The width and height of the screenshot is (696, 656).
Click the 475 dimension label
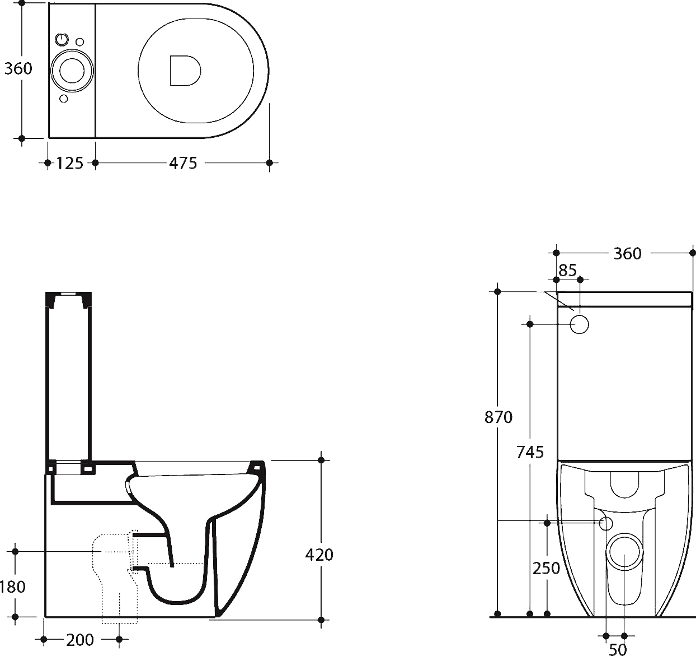pos(183,163)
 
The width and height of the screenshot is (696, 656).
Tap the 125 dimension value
pos(70,163)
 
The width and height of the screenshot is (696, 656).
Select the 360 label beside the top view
pos(18,68)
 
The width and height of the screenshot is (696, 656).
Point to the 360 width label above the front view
pos(627,254)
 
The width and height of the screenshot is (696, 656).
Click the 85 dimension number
pos(567,271)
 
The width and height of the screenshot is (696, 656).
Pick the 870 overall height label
pos(498,417)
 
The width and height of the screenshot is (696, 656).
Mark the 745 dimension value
pos(530,451)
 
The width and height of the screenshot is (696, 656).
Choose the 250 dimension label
pos(546,568)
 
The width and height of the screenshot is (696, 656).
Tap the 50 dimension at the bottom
pos(618,649)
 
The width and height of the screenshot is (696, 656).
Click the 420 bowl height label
pos(319,555)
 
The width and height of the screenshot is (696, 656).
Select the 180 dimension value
pos(12,587)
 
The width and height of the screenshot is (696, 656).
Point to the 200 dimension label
pos(80,639)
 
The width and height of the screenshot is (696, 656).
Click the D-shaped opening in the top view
pos(184,71)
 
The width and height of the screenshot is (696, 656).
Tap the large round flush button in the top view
pos(72,71)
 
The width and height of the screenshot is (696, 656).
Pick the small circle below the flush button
pos(63,99)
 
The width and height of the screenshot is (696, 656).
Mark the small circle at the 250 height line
pos(606,523)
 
